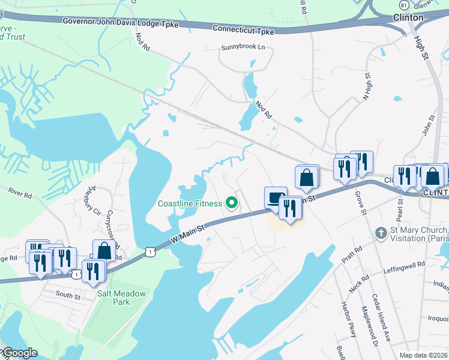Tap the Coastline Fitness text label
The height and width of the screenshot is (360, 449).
[x=190, y=203]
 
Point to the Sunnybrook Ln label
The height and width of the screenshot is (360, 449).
[x=243, y=47]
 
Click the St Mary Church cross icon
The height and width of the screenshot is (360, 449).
[x=379, y=232]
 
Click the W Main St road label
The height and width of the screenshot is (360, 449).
[x=187, y=233]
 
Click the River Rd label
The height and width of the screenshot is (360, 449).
[x=19, y=193]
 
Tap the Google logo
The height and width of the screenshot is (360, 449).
[x=20, y=353]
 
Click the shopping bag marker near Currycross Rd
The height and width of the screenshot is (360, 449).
[x=104, y=250]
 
